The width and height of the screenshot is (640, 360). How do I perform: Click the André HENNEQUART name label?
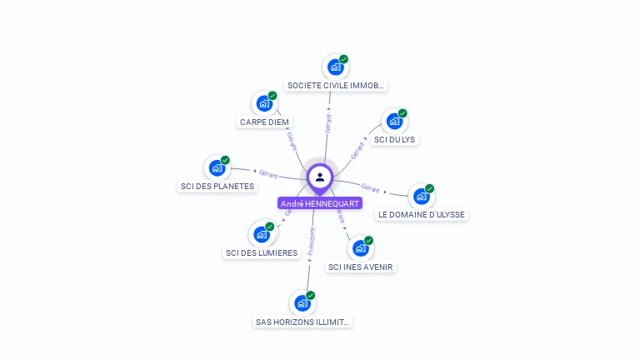click(320, 203)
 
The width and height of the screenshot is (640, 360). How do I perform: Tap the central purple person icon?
click(320, 177)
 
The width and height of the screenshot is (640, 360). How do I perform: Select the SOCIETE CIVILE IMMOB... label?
click(336, 85)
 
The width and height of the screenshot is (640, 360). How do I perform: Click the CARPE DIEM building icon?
click(264, 104)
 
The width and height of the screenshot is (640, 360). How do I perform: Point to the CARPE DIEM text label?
click(264, 122)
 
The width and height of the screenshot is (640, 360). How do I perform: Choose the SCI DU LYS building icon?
click(394, 122)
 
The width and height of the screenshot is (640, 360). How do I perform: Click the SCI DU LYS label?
click(394, 139)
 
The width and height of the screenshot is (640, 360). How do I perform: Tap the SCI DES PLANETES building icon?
click(217, 168)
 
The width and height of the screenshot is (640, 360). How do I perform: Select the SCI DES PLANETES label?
click(217, 186)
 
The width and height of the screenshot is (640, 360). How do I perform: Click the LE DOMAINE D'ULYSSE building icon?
click(422, 197)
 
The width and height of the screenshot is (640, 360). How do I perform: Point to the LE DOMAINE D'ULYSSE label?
click(422, 214)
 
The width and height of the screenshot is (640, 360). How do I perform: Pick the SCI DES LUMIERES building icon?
click(262, 235)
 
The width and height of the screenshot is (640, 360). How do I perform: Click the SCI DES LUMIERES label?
click(262, 252)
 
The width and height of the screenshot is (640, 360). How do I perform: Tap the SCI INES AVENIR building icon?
click(361, 248)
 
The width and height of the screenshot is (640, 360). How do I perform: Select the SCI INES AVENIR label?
click(361, 267)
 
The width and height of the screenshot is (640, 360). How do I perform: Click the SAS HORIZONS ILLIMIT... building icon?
click(302, 303)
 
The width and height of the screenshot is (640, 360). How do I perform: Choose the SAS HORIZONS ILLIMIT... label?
click(303, 321)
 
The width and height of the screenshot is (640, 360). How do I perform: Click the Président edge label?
click(311, 242)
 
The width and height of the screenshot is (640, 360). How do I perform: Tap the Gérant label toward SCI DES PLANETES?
click(268, 173)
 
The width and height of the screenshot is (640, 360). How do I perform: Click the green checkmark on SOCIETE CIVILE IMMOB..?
click(343, 59)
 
